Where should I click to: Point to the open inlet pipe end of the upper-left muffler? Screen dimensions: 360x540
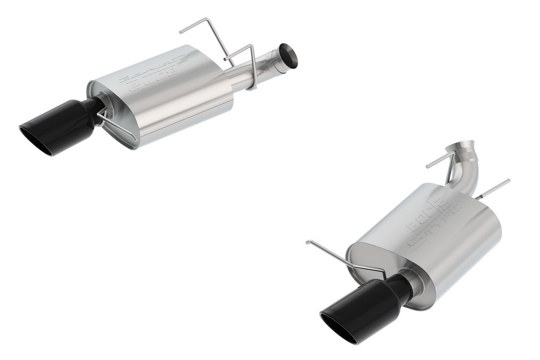tap(290, 57)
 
